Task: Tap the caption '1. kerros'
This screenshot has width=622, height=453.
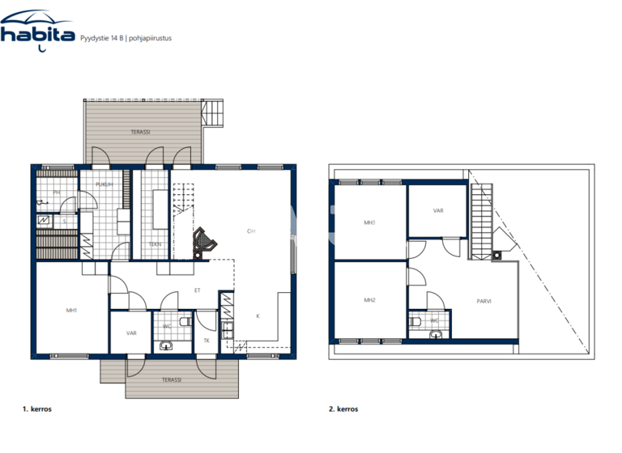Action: click(38, 409)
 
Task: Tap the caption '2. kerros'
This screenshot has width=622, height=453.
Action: click(345, 409)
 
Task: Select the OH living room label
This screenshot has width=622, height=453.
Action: click(251, 231)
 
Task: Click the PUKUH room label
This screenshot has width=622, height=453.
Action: click(103, 184)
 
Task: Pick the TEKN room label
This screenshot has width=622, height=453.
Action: click(154, 243)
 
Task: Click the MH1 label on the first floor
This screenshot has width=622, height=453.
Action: click(70, 309)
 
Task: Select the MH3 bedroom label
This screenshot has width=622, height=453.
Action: click(369, 222)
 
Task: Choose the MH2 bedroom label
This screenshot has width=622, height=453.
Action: click(369, 300)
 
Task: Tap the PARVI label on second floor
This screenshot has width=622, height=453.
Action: click(484, 303)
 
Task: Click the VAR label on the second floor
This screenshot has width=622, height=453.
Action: click(437, 210)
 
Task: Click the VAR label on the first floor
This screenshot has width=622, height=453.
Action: click(130, 332)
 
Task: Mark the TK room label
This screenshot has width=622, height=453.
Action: click(207, 341)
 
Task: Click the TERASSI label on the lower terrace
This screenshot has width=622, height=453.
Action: click(170, 379)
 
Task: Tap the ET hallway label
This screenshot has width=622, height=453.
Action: click(196, 289)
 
